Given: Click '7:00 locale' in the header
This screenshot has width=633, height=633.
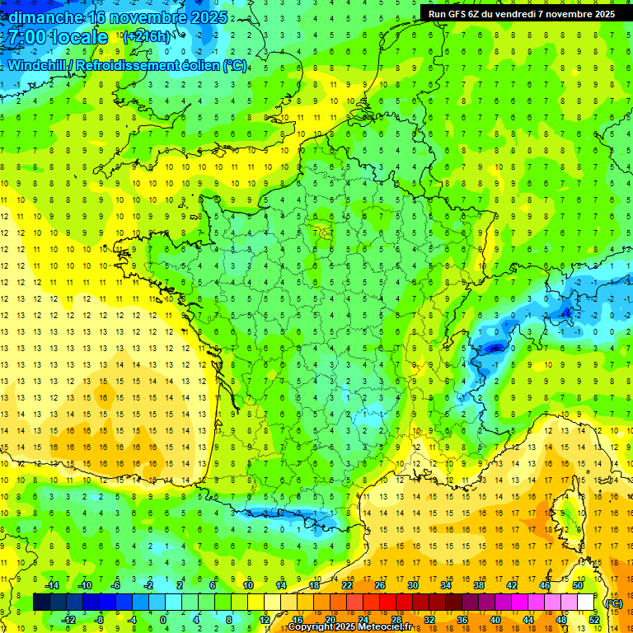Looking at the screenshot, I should coord(56,37).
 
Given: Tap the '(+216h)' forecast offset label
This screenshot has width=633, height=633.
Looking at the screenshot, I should coord(146,37).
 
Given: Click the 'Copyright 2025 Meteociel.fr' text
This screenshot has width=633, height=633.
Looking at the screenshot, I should coord(349,627).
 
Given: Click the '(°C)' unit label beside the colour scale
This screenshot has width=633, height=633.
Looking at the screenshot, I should coord(612,603).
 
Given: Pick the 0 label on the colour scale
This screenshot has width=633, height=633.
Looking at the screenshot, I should coord(163,619).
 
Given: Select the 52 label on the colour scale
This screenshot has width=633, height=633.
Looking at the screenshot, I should coord(593,619).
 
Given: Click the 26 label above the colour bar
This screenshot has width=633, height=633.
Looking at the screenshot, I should coord(380,585).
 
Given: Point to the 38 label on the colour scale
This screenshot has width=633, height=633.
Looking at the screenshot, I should coord(478,585).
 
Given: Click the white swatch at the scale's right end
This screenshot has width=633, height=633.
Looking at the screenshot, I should coord(586,603).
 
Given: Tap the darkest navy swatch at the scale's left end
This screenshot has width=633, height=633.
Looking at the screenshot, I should coord(42,603).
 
